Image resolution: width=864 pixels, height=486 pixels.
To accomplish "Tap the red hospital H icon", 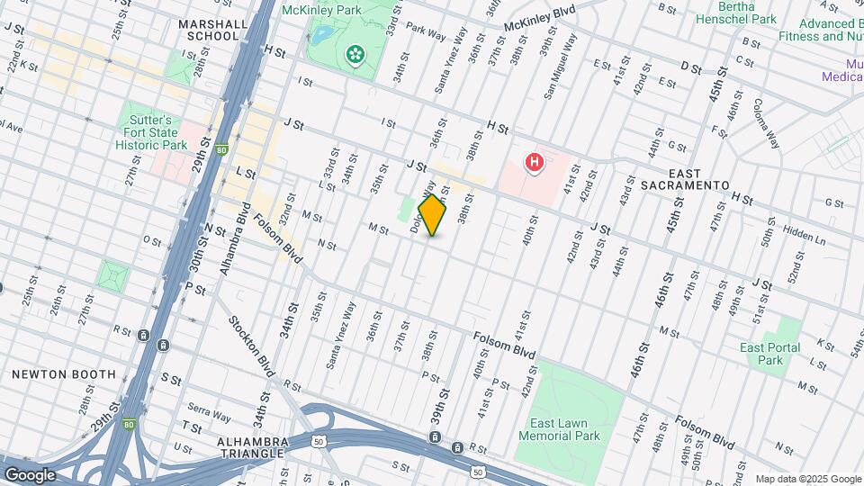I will [535, 163].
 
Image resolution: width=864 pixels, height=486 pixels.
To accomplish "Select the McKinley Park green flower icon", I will [355, 56].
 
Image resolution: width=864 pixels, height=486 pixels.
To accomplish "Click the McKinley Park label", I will [321, 10].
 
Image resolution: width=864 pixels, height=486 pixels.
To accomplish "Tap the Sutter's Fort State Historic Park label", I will [155, 132].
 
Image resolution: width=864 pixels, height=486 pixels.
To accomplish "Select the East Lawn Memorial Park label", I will [559, 428].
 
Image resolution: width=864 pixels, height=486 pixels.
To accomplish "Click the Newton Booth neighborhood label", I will [64, 373].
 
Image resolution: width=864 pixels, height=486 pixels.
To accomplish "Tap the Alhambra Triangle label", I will [252, 447].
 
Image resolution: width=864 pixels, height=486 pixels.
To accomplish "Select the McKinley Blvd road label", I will [540, 16].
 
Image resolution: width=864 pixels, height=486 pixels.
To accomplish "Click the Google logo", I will [29, 475].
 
